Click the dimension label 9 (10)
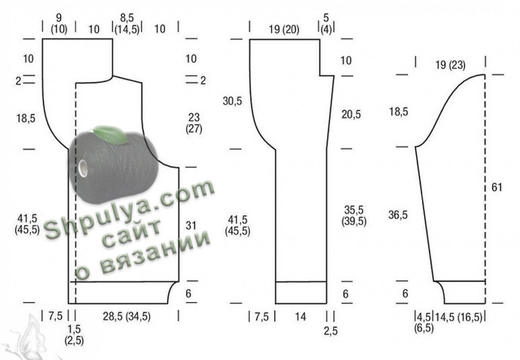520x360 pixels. pyautogui.click(x=59, y=23)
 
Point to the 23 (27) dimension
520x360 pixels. pyautogui.click(x=194, y=123)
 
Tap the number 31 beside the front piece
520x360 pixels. pyautogui.click(x=191, y=226)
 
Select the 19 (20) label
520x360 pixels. pyautogui.click(x=284, y=29)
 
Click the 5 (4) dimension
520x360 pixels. pyautogui.click(x=326, y=23)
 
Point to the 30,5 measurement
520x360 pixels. pyautogui.click(x=232, y=101)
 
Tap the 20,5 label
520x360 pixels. pyautogui.click(x=351, y=114)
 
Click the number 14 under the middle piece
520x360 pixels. pyautogui.click(x=301, y=317)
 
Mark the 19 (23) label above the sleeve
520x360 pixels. pyautogui.click(x=451, y=65)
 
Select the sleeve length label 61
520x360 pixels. pyautogui.click(x=497, y=188)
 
